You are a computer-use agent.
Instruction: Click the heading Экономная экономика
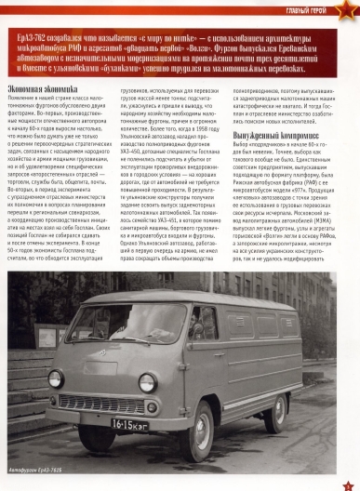(51, 86)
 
